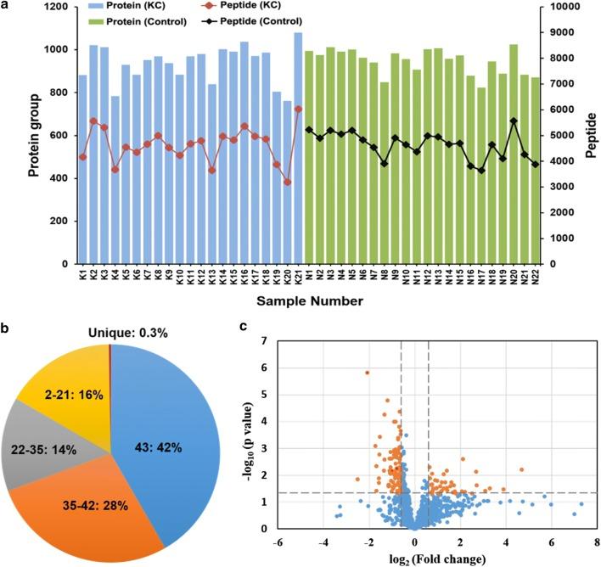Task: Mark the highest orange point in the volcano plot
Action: (x=367, y=372)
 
